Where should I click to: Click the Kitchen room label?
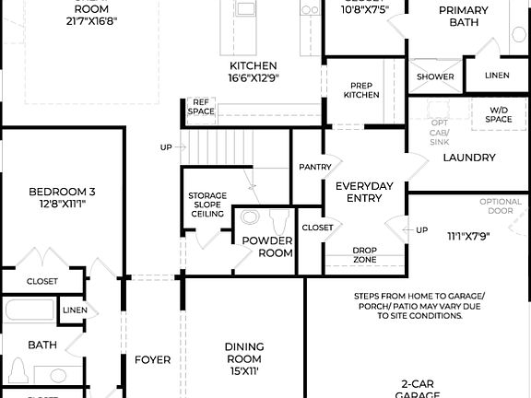(254, 66)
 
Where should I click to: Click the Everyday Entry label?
(363, 193)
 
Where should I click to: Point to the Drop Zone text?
(366, 254)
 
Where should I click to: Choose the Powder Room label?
(267, 247)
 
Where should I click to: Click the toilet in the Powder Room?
(280, 222)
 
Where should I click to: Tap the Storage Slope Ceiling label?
(207, 205)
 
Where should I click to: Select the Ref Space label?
(201, 107)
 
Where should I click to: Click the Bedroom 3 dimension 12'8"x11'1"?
(62, 204)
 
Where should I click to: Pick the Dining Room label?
(244, 353)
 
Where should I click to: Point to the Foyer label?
(152, 359)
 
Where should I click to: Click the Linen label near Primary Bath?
(496, 76)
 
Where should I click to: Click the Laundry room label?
(469, 158)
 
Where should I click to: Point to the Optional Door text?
(501, 207)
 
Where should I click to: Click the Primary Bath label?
(463, 16)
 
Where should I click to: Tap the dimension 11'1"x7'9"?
(468, 236)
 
